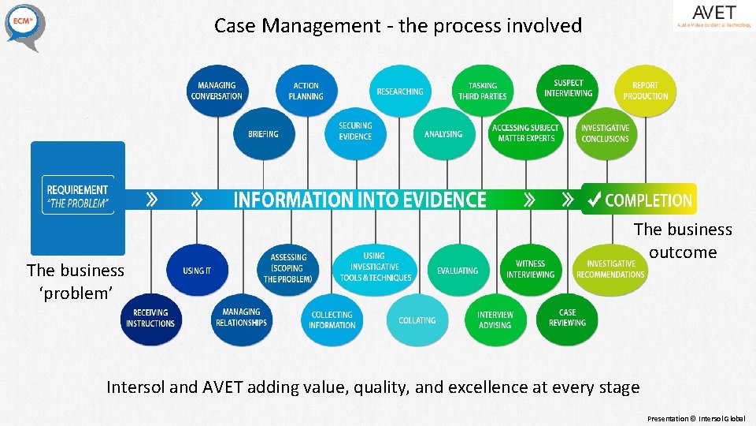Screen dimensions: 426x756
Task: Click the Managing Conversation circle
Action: click(217, 92)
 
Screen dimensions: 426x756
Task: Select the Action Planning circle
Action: click(306, 92)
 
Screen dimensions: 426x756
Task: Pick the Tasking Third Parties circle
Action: click(483, 92)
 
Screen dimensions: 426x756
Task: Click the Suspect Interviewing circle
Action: click(568, 88)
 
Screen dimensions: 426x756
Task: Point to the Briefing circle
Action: click(263, 134)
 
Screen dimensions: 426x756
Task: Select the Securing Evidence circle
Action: click(355, 132)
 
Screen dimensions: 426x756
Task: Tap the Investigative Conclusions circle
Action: click(605, 133)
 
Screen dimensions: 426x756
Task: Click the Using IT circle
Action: click(197, 271)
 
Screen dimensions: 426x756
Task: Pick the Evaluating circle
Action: click(458, 271)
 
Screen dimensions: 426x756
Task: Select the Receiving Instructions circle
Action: click(150, 318)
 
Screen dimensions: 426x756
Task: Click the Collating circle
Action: click(417, 320)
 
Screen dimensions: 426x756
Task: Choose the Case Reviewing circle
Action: click(567, 318)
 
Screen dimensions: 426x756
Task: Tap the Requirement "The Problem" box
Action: click(78, 195)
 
